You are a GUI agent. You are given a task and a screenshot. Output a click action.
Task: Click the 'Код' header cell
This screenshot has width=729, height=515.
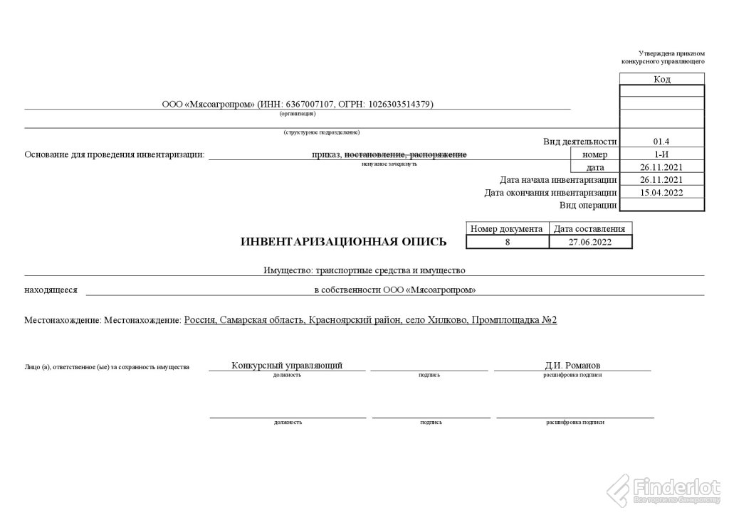(661, 79)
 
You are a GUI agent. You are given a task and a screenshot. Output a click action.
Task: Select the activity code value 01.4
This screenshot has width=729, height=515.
(661, 142)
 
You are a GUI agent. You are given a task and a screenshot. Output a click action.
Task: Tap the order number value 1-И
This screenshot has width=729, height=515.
(661, 154)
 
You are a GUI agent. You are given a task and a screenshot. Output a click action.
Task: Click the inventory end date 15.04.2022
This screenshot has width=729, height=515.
(661, 192)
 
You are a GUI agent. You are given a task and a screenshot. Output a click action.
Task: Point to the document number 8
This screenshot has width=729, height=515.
(508, 242)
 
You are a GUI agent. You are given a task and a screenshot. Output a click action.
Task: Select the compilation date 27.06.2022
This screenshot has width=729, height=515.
(590, 242)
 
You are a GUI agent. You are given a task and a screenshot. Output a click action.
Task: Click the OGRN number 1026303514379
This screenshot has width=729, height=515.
(399, 104)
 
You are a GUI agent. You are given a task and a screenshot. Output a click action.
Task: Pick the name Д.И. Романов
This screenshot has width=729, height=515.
(572, 366)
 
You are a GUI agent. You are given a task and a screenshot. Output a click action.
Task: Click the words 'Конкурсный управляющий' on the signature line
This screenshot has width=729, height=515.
(287, 366)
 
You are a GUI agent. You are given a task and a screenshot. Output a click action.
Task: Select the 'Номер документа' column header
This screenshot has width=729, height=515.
(508, 229)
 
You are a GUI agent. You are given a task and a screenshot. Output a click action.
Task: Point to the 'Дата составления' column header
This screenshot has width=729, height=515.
(590, 229)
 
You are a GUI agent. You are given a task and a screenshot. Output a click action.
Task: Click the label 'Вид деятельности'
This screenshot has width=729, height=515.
(579, 142)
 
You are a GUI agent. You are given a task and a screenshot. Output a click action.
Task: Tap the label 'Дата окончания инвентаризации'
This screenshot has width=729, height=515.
(550, 192)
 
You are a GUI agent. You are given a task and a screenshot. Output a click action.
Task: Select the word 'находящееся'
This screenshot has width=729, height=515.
(51, 290)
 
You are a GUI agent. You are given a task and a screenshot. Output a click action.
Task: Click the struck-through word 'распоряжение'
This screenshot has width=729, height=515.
(439, 154)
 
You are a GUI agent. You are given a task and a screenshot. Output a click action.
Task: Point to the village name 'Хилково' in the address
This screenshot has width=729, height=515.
(446, 320)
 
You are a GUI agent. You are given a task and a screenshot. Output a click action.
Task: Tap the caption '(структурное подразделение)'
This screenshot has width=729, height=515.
(321, 132)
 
